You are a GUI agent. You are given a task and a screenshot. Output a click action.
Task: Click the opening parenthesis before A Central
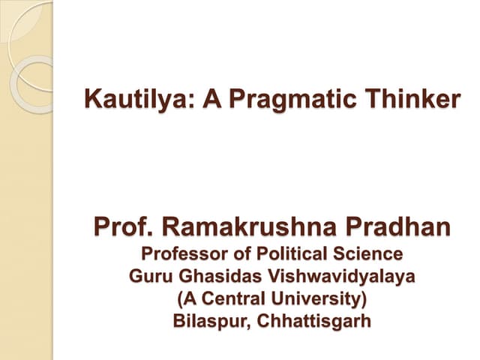(178, 299)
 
